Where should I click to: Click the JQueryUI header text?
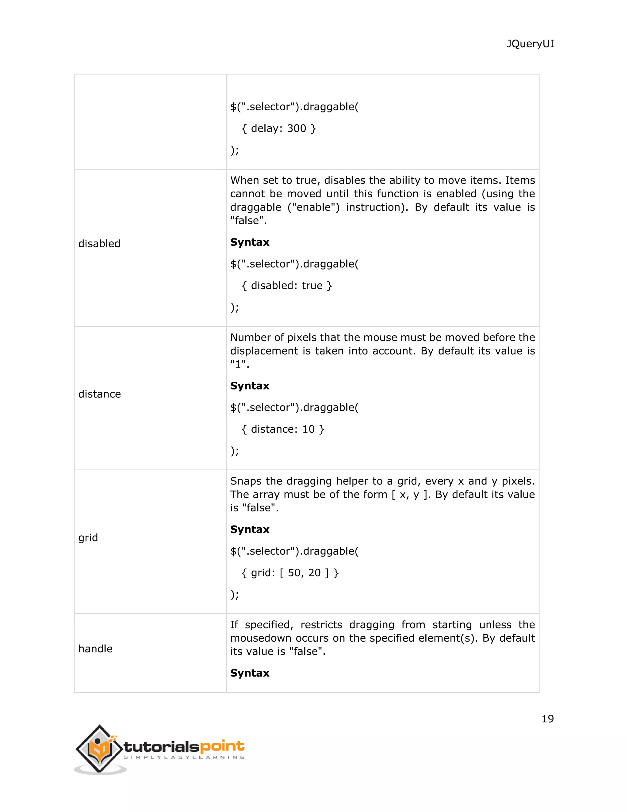(530, 44)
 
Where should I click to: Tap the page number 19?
(547, 719)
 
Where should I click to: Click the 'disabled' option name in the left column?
(99, 244)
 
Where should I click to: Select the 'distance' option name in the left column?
(99, 394)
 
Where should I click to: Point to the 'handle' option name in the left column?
(95, 649)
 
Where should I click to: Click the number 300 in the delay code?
(297, 128)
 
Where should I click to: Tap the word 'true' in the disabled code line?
(312, 286)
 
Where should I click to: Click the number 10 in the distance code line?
(308, 429)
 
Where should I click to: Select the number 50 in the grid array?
(294, 573)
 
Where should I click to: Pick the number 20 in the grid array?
(314, 573)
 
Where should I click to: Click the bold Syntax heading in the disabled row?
(250, 242)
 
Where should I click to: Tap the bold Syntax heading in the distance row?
(250, 385)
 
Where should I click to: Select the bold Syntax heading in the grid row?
(250, 529)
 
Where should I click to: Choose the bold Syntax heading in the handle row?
(250, 673)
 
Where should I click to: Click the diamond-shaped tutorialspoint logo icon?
(99, 748)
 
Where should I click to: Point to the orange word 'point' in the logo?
(222, 746)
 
